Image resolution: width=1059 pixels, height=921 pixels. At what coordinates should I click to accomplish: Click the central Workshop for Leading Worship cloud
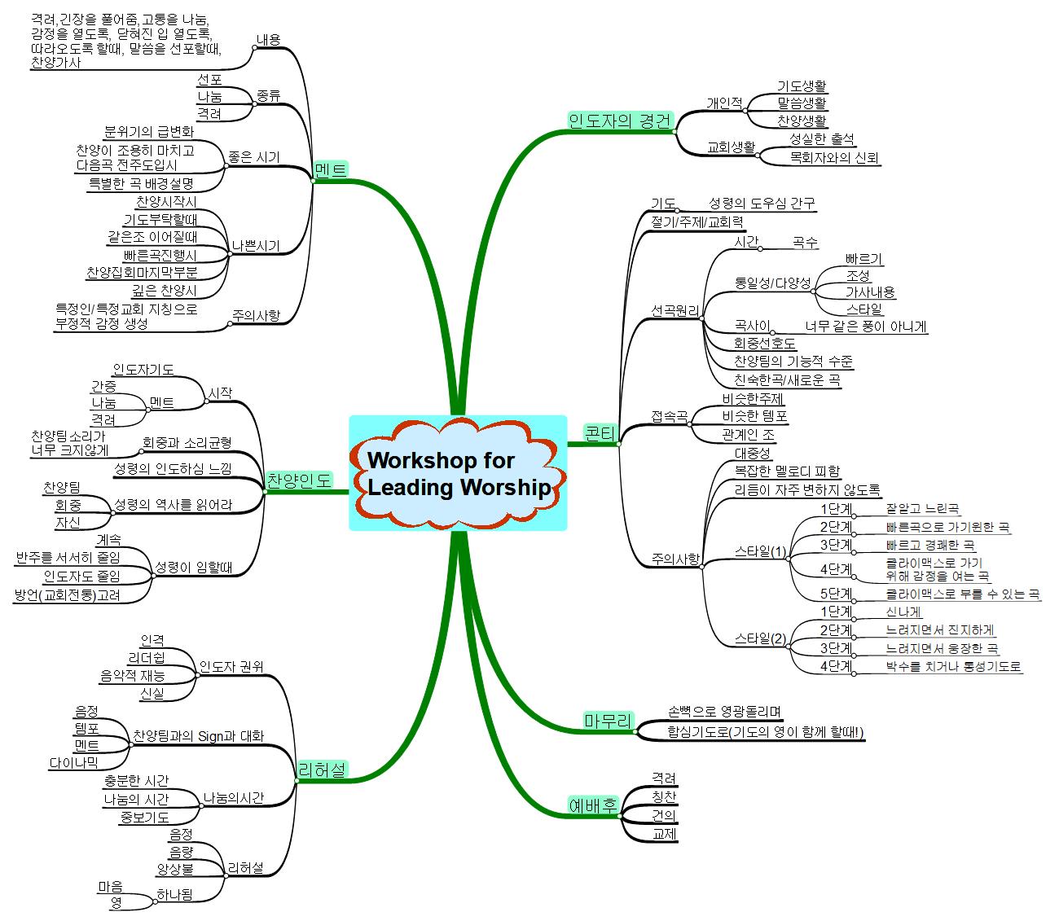point(458,473)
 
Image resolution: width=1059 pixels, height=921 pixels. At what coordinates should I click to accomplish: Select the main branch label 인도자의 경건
point(621,121)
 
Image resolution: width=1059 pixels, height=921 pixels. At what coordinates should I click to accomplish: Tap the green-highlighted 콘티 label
point(600,432)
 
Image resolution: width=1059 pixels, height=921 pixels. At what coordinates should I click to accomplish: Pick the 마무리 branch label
point(608,720)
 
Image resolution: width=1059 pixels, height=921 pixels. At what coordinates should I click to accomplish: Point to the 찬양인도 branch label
point(299,480)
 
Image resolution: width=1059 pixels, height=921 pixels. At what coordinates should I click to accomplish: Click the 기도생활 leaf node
point(802,86)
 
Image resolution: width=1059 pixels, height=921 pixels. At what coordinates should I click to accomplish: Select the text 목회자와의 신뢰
point(835,158)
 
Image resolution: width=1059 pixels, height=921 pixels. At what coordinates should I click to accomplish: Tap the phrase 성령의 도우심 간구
point(762,203)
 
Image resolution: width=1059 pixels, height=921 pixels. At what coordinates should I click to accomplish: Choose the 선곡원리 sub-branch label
point(675,310)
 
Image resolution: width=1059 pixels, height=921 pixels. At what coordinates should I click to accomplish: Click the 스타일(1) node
point(760,552)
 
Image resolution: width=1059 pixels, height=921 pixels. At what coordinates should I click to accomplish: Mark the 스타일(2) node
point(760,638)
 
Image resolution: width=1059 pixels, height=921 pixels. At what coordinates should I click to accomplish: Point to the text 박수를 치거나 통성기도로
point(954,667)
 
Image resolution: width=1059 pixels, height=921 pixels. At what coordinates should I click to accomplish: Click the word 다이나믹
point(73,763)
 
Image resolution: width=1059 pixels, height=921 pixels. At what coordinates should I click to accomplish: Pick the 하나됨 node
point(175,894)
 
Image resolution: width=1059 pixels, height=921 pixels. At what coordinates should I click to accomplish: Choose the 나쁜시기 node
point(256,246)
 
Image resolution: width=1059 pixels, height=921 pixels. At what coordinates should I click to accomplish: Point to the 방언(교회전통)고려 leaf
point(68,595)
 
